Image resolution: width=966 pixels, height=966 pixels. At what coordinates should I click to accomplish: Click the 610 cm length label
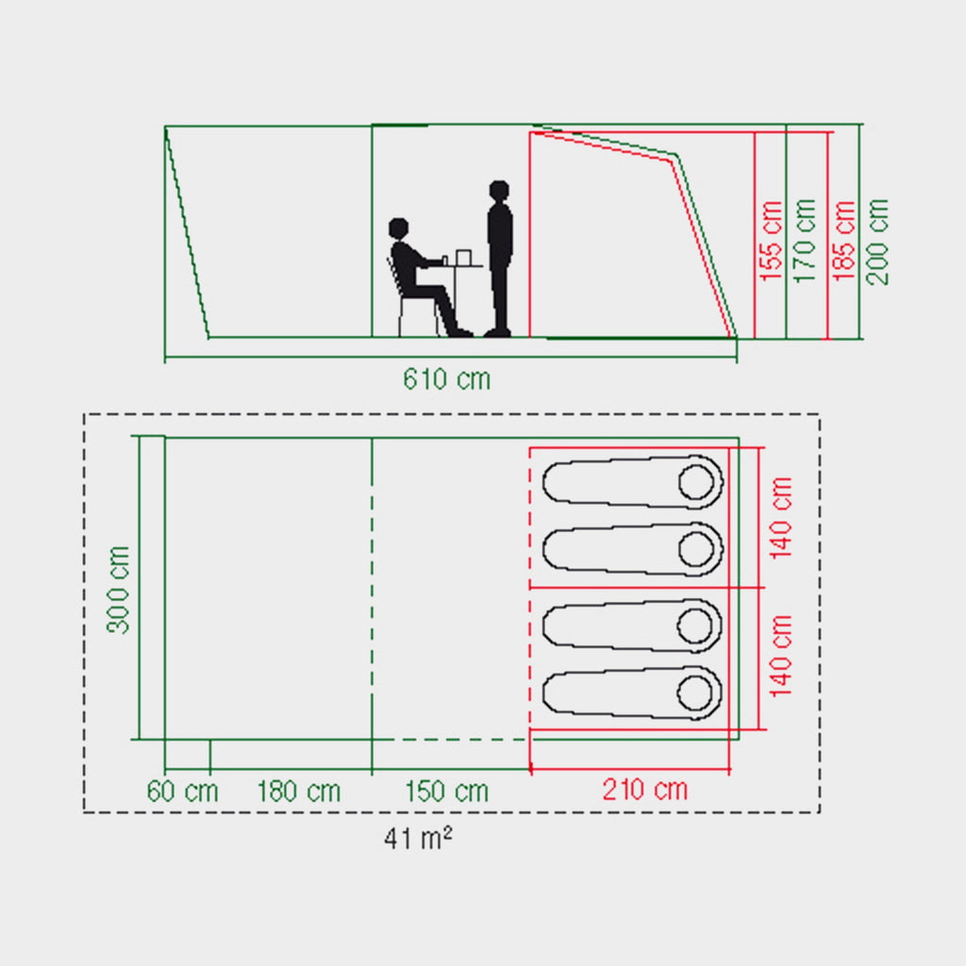coord(446,379)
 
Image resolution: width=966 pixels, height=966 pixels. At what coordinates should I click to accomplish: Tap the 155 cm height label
coord(771,241)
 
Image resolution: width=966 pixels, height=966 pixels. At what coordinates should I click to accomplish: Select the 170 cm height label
coord(805,241)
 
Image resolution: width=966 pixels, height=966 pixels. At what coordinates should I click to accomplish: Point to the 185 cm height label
coord(843,241)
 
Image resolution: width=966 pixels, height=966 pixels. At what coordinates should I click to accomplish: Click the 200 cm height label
coord(877,241)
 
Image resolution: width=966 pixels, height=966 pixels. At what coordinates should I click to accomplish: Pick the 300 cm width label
coord(118,590)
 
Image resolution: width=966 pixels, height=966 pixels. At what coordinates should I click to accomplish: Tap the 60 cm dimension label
coord(182,791)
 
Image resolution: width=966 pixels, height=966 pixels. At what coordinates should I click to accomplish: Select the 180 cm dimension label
coord(299,791)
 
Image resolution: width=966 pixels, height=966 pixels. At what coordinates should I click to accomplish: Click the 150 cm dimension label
coord(446,791)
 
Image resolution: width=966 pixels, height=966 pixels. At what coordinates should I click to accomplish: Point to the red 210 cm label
coord(645,790)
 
